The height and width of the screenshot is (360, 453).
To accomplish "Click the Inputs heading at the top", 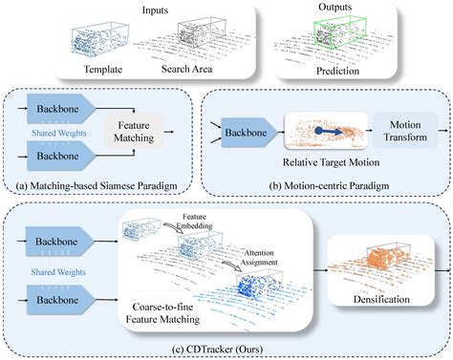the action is [x=155, y=10].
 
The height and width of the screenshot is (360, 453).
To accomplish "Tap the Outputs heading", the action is [x=335, y=7].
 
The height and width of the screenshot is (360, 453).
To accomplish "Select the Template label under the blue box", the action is [x=103, y=69].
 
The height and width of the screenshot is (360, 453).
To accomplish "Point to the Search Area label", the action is [x=186, y=69].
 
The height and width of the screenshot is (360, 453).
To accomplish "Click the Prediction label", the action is [x=337, y=71].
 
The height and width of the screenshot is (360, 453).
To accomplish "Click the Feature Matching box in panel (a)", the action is [x=134, y=132].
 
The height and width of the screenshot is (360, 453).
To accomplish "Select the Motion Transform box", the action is [x=405, y=131].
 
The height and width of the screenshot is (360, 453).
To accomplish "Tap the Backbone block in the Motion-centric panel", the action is [x=248, y=133].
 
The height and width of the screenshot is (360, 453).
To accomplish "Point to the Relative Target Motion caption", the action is [x=331, y=162].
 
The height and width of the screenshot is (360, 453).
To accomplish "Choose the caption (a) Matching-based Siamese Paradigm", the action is [x=97, y=185].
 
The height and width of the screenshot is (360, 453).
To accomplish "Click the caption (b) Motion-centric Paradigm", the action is [x=329, y=185].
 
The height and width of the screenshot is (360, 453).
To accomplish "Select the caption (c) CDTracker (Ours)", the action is [x=217, y=349].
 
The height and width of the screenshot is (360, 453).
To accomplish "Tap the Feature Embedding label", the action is [x=194, y=222].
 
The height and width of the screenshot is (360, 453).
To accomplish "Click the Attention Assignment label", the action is [x=259, y=258].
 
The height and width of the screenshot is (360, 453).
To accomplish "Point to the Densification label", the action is [x=381, y=299].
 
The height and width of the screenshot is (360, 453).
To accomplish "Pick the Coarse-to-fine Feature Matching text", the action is [x=162, y=313].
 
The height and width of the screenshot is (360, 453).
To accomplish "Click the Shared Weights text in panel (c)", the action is [x=58, y=272].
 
